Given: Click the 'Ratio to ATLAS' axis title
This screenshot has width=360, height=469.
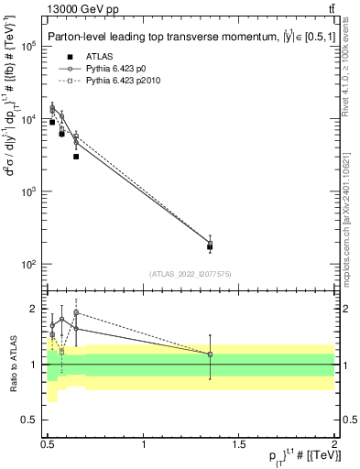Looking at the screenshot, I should tap(13, 364).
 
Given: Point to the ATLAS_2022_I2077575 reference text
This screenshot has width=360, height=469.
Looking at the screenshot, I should tap(190, 274).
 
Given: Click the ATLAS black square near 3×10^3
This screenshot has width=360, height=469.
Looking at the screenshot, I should tap(76, 157).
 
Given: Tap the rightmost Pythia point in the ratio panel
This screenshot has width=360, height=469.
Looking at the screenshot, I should tap(210, 354).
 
